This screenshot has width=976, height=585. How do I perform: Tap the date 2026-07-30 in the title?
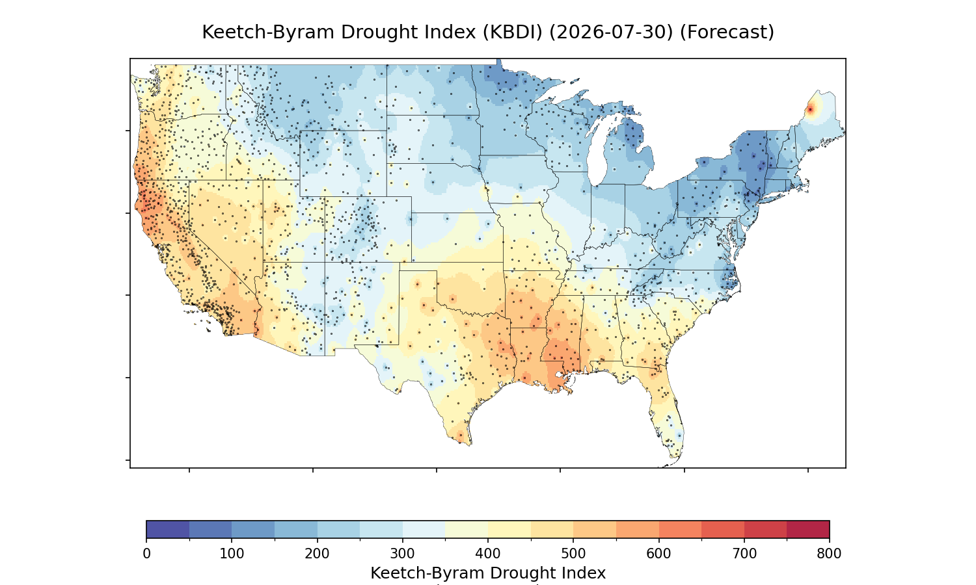(612, 32)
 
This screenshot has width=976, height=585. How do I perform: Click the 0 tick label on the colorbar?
(147, 554)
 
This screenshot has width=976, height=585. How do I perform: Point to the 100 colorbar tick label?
(232, 554)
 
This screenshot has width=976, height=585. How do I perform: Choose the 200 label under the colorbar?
(318, 554)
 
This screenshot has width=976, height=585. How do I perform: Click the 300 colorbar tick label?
(403, 554)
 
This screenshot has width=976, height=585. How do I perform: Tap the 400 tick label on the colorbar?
(488, 554)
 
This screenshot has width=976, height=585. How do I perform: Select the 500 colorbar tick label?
(573, 554)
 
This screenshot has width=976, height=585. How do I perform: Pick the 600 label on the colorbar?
(658, 554)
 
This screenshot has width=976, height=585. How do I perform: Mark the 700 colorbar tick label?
(744, 554)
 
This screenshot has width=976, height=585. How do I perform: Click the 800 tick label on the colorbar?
(829, 554)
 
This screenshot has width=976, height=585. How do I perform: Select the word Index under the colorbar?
(586, 573)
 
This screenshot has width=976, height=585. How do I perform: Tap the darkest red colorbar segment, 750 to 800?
(808, 529)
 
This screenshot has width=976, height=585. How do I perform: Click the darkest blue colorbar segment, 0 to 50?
(168, 529)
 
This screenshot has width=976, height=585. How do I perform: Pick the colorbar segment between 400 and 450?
(509, 529)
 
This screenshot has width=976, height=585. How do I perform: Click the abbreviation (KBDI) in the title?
(513, 32)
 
